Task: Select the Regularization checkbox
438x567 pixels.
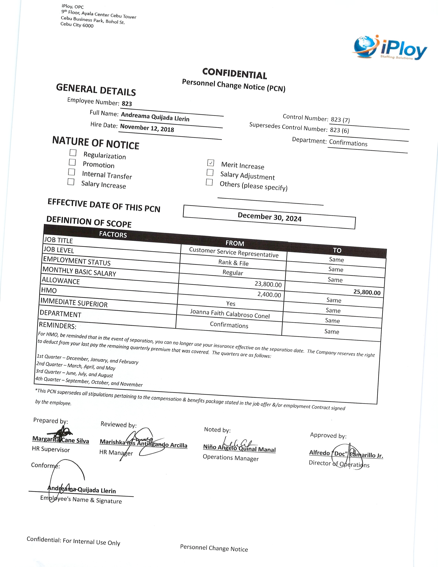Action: tap(73, 152)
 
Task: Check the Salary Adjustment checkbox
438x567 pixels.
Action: tap(210, 172)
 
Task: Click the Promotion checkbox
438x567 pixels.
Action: tap(72, 162)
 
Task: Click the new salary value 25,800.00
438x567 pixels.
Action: tap(367, 292)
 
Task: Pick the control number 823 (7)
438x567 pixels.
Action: tap(340, 120)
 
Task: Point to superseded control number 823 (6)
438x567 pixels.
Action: tap(339, 130)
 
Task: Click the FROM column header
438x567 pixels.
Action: tap(235, 243)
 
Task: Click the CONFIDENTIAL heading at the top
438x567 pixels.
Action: tap(234, 74)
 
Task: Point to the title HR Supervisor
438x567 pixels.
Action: tap(51, 449)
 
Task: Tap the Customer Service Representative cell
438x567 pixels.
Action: tap(234, 252)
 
